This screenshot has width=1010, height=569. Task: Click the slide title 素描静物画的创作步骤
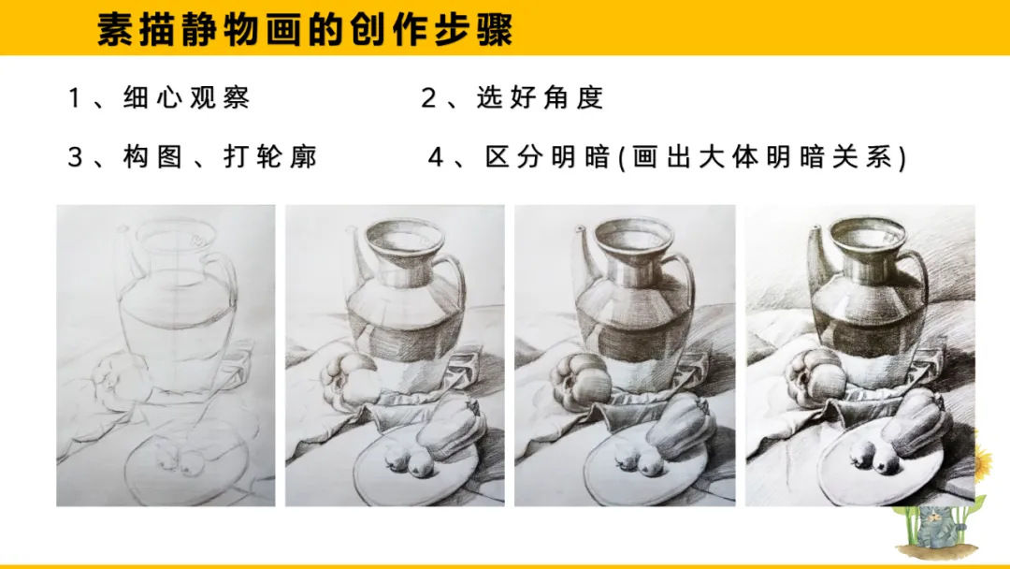coord(305,29)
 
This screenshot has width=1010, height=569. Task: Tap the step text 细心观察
coord(186,98)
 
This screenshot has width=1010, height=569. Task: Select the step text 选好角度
coord(540,98)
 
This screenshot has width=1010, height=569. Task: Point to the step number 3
coord(76,157)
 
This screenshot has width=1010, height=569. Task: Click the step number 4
coord(436,157)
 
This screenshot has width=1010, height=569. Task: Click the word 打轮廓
coord(270,157)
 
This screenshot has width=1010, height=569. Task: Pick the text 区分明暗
coord(547,157)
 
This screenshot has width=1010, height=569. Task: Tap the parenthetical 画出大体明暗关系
coord(763,157)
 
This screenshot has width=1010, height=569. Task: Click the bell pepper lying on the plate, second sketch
coord(450,429)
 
